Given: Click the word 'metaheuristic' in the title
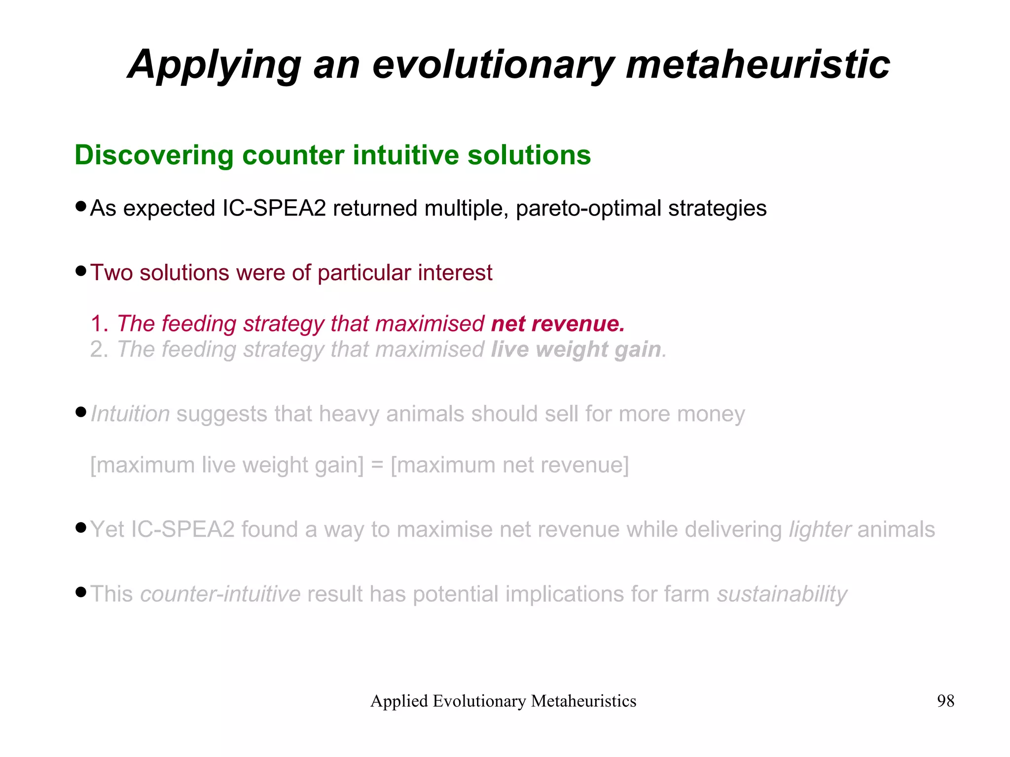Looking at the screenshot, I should (x=757, y=65).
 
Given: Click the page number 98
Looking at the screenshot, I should (x=945, y=701).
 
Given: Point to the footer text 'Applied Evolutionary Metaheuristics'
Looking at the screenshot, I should (x=503, y=701).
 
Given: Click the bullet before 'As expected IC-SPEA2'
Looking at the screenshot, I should (x=81, y=206).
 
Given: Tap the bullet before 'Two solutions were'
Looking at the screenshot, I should (x=81, y=271).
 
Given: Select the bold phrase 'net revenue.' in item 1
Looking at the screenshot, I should (x=558, y=324).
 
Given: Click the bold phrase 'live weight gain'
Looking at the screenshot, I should (x=576, y=349).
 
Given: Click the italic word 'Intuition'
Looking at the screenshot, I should (x=131, y=414).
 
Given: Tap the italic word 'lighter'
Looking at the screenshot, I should (x=820, y=530).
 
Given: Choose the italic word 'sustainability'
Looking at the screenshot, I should (x=782, y=594).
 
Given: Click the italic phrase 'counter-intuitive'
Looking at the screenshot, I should (x=220, y=594).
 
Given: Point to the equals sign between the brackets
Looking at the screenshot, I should (x=377, y=465).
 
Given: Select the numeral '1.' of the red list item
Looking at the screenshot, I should (x=99, y=324).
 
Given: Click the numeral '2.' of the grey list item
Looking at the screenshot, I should (x=99, y=349).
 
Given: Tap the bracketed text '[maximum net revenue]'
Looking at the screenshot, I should (x=509, y=465).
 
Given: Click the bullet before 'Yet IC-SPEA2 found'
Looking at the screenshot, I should (x=81, y=528).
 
